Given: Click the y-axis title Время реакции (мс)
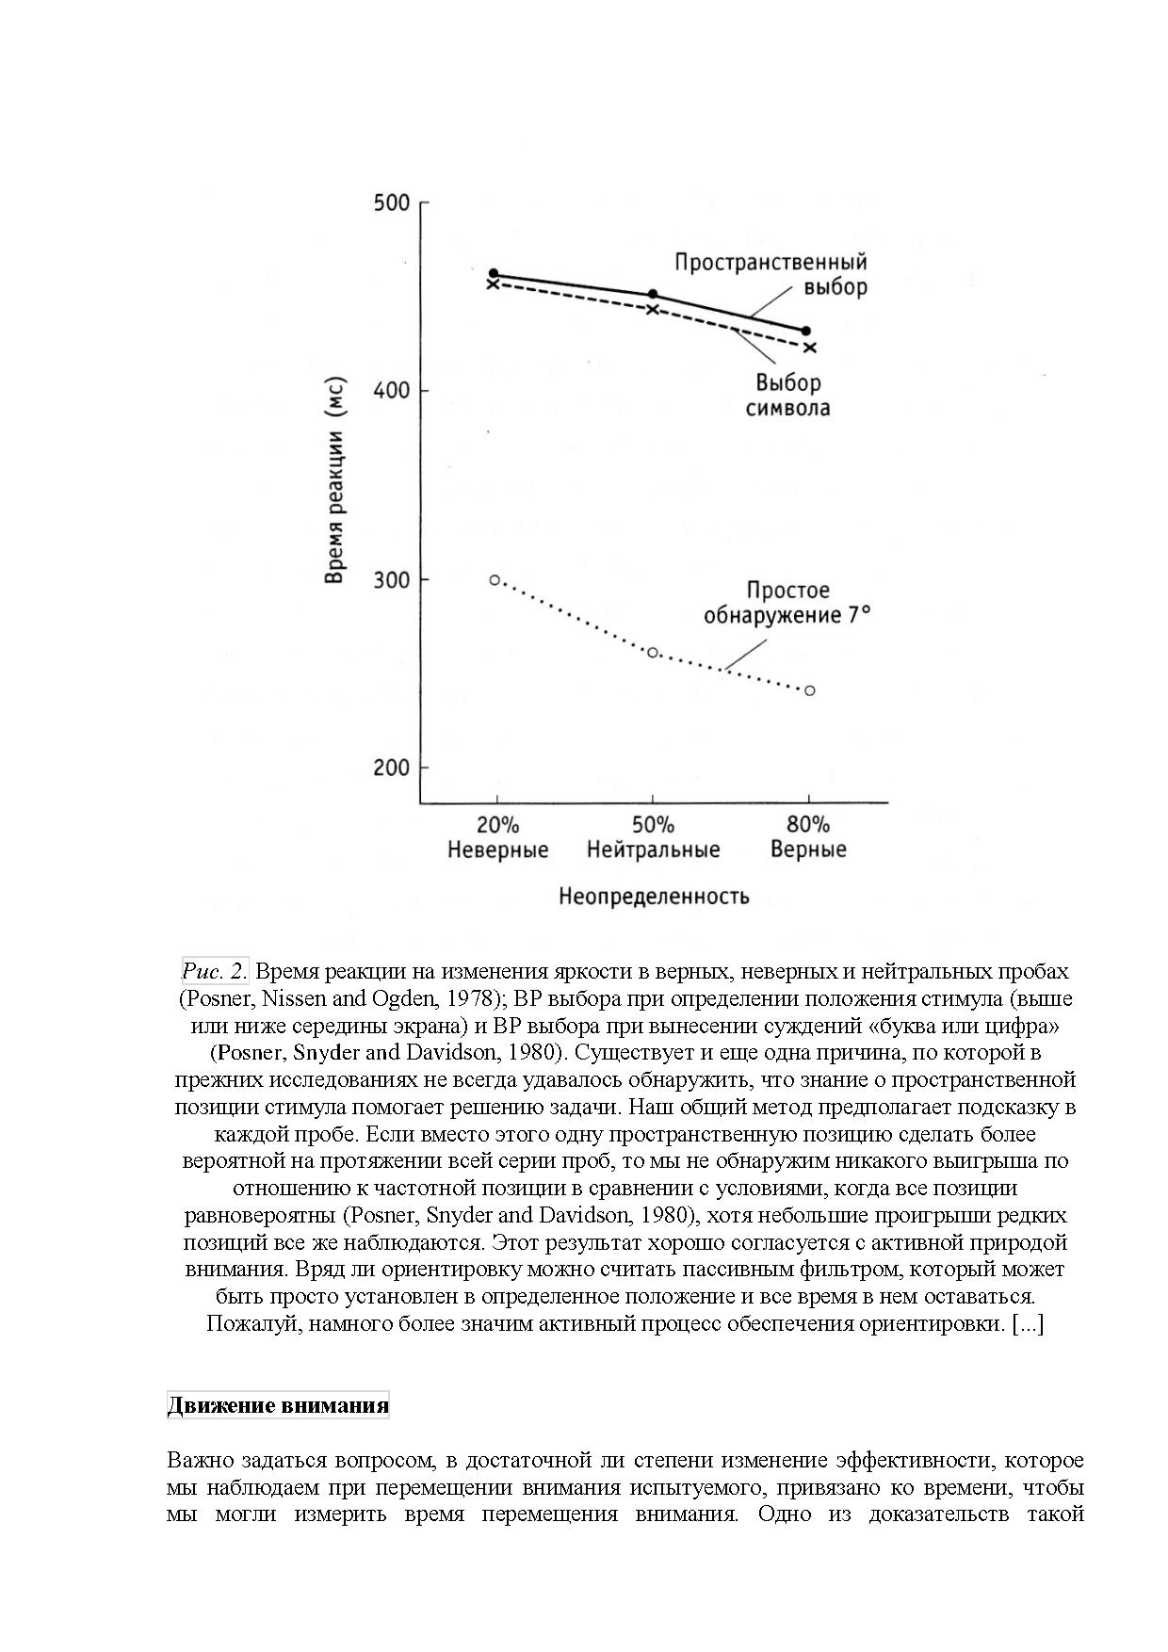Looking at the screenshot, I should pyautogui.click(x=334, y=481).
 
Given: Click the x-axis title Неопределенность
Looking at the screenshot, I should pyautogui.click(x=654, y=896).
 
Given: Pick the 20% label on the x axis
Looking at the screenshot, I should pyautogui.click(x=497, y=825).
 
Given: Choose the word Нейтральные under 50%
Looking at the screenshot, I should pyautogui.click(x=653, y=850).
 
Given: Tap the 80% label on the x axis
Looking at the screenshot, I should pyautogui.click(x=808, y=825).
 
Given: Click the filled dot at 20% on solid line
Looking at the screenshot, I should pyautogui.click(x=494, y=274).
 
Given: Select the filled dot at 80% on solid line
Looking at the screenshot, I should pyautogui.click(x=806, y=332).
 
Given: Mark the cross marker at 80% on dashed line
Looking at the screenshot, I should pyautogui.click(x=810, y=348).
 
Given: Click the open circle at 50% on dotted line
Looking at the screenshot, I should pyautogui.click(x=653, y=653).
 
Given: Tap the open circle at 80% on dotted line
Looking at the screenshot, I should pyautogui.click(x=809, y=690).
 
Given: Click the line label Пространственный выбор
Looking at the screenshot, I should pyautogui.click(x=771, y=274).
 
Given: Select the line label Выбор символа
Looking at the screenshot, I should pyautogui.click(x=788, y=396).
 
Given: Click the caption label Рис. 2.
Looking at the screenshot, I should pyautogui.click(x=215, y=971).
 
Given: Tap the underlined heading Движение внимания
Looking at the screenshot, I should pyautogui.click(x=278, y=1406).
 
